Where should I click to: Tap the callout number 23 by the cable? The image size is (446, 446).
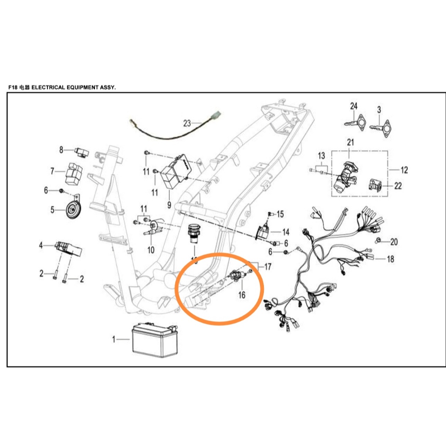click(187, 123)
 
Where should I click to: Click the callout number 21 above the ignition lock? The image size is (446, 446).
click(351, 142)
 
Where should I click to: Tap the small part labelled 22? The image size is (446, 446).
click(375, 186)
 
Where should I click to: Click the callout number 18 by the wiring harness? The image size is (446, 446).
click(390, 259)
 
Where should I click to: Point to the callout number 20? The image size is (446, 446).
click(394, 242)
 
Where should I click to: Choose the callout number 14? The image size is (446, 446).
click(286, 232)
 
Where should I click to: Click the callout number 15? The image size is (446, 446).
click(280, 214)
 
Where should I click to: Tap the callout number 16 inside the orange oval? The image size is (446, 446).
click(242, 295)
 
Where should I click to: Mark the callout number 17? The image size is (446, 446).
click(267, 266)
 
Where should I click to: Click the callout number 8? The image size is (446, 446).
click(61, 150)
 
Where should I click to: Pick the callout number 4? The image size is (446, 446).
click(41, 246)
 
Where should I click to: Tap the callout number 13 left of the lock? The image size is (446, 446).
click(321, 156)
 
